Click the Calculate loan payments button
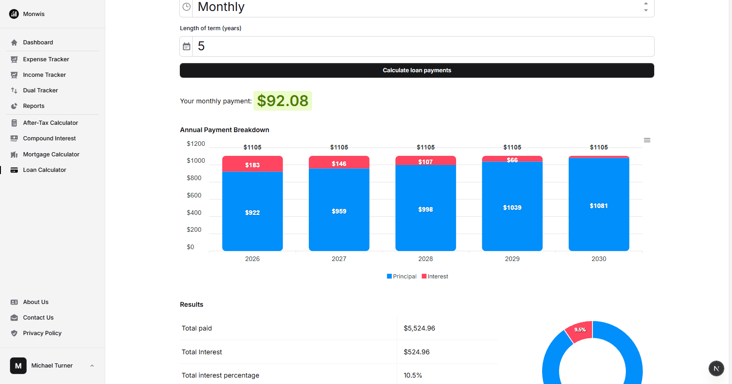click(417, 70)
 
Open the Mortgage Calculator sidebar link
click(51, 155)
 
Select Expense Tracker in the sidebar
click(46, 59)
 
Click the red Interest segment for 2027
click(339, 163)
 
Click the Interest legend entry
click(435, 277)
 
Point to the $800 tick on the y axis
click(194, 178)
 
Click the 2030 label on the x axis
click(598, 259)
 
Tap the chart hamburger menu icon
click(647, 140)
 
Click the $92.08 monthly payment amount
click(282, 101)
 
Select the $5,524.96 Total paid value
click(419, 328)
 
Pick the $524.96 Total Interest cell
click(416, 352)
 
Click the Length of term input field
click(423, 47)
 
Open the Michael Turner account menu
click(52, 366)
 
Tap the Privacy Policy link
click(42, 333)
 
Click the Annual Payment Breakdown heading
click(224, 130)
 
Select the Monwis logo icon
click(14, 14)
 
